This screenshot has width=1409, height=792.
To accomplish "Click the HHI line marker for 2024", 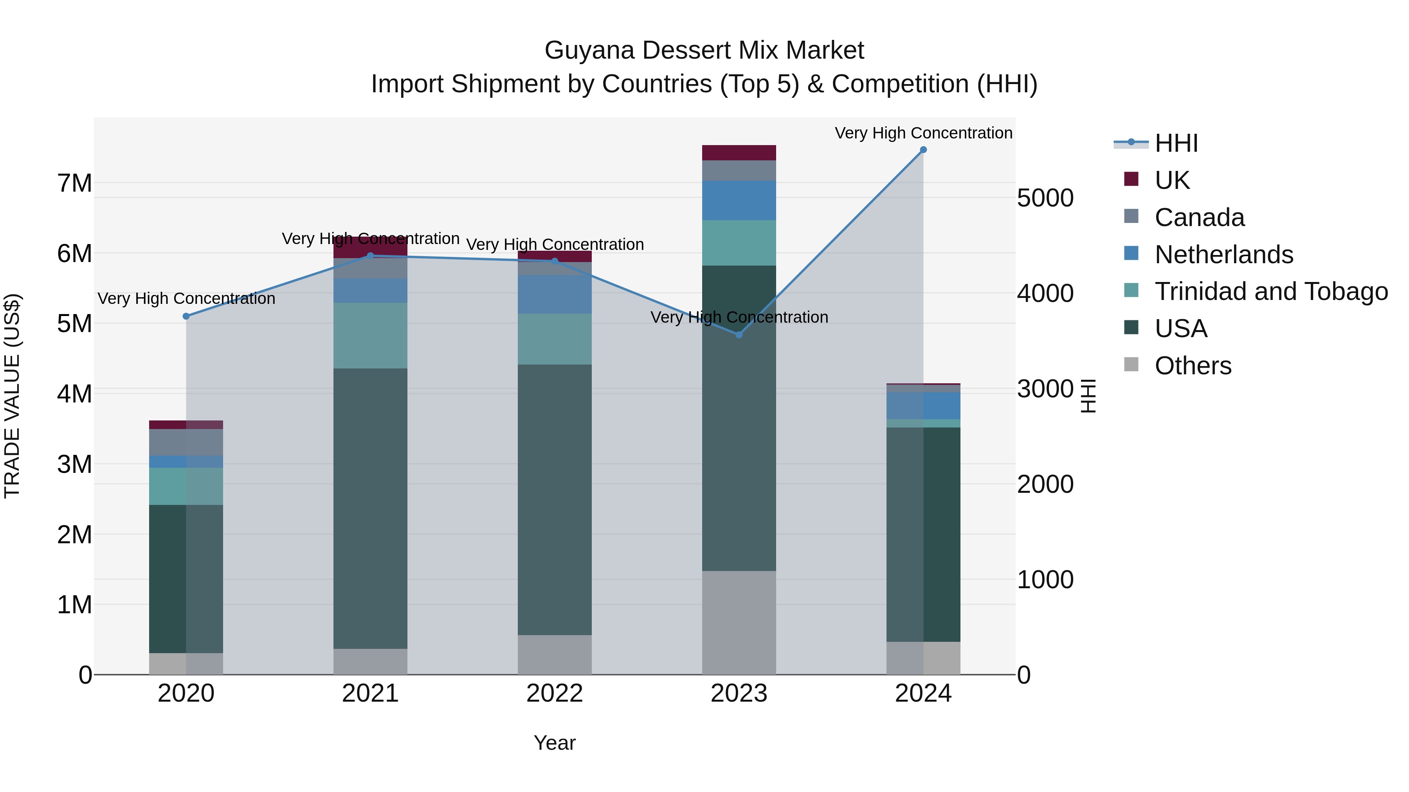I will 923,150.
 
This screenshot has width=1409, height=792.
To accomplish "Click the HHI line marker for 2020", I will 186,316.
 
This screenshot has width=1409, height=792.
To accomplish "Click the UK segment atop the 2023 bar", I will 739,153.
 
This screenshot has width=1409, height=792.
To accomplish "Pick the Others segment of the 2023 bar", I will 739,623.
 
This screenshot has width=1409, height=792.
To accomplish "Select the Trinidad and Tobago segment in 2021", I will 370,336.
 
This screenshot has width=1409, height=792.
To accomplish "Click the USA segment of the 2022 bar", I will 555,499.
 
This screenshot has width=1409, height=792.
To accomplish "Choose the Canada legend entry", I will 1199,217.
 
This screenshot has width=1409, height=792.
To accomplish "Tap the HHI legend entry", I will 1176,143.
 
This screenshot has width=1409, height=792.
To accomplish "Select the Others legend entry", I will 1193,366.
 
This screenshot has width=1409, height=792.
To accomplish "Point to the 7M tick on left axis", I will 74,183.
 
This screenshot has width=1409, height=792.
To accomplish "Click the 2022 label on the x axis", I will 555,693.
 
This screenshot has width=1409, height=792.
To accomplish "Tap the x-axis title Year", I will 555,743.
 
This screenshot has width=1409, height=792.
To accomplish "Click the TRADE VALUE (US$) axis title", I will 12,396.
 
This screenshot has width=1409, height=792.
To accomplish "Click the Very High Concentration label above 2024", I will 923,133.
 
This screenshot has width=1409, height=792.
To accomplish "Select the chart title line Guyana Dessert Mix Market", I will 704,50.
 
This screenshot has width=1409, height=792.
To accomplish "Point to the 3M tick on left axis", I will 74,464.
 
